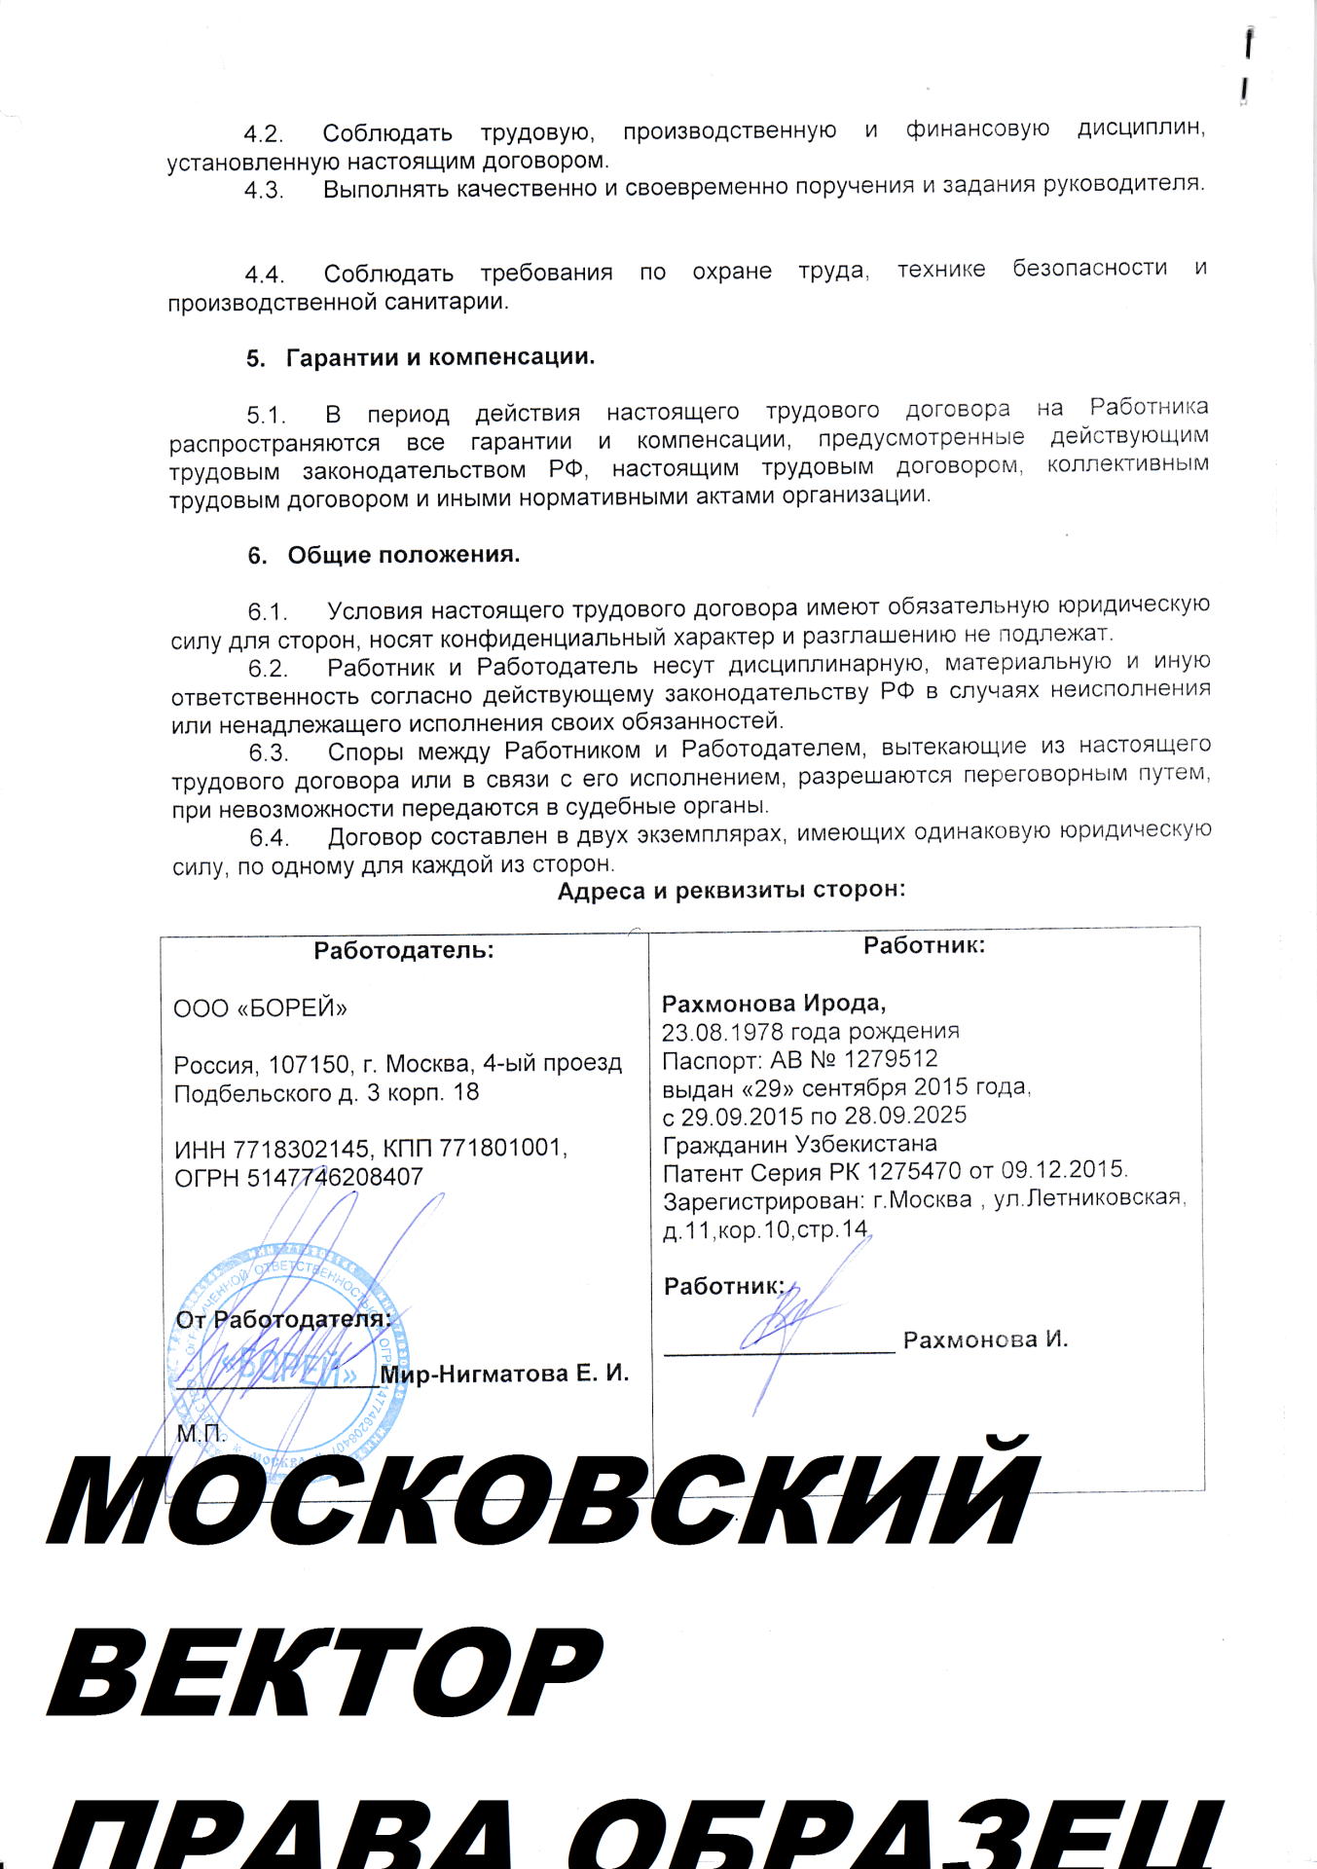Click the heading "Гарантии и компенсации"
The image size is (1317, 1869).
coord(439,357)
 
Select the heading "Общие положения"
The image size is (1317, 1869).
coord(403,555)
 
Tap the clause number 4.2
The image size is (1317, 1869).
coord(263,133)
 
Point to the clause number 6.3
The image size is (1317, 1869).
coord(269,752)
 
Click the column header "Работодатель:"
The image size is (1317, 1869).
coord(403,950)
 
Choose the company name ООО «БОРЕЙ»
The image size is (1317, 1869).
coord(260,1008)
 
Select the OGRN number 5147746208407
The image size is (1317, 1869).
coord(335,1177)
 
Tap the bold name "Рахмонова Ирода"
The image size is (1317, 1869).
coord(773,1003)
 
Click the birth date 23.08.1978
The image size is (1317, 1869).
coord(719,1032)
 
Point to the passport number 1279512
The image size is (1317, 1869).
coord(891,1059)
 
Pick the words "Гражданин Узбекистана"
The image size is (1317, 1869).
coord(799,1144)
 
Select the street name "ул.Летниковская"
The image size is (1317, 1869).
coord(1088,1198)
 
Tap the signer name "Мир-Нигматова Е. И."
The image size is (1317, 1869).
coord(504,1374)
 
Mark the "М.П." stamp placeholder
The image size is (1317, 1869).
coord(201,1433)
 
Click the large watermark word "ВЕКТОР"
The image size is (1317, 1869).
coord(326,1672)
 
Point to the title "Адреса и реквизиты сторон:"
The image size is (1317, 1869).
coord(731,890)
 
